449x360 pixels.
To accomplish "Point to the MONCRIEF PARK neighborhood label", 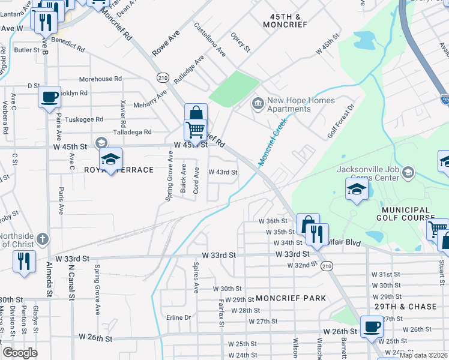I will pos(291,298).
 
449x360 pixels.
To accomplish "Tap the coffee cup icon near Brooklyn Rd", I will pos(49,96).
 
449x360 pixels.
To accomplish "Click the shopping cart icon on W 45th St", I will pos(195,130).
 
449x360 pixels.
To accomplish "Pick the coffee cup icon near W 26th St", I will pos(372,327).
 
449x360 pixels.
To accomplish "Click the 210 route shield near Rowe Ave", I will pos(163,77).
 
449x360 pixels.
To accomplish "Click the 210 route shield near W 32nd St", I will pos(327,266).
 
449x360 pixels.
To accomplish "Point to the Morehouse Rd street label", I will pos(100,79).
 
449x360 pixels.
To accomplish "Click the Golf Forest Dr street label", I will pos(342,121).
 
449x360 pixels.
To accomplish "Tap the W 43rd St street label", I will pos(223,172).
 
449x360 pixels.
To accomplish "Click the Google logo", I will pos(20,353).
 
